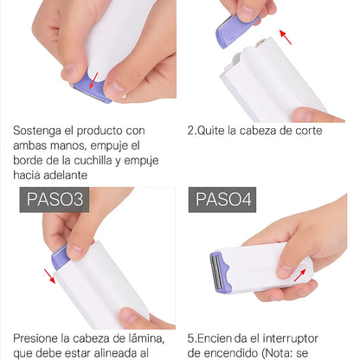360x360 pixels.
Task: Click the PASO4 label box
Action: click(223, 201)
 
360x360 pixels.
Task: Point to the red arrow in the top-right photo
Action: click(286, 36)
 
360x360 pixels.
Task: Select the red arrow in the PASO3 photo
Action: click(49, 276)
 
